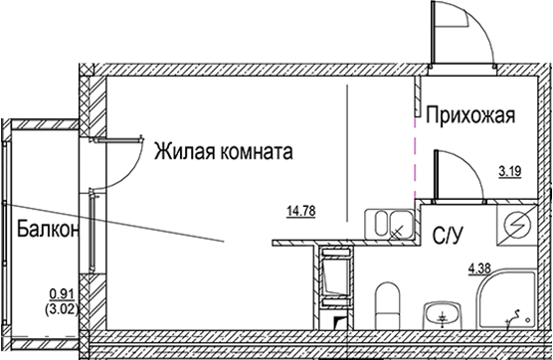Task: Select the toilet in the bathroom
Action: [x=389, y=303]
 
